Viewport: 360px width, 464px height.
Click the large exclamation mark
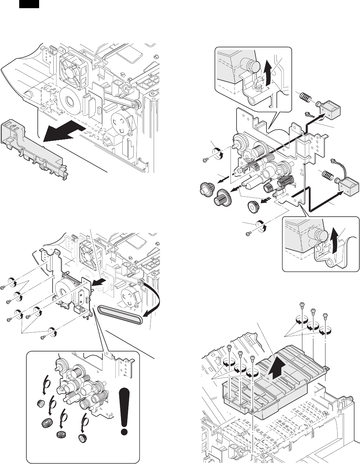coord(124,411)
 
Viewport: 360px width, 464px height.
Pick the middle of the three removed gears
coord(223,196)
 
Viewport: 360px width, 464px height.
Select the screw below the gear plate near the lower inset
coord(249,233)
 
